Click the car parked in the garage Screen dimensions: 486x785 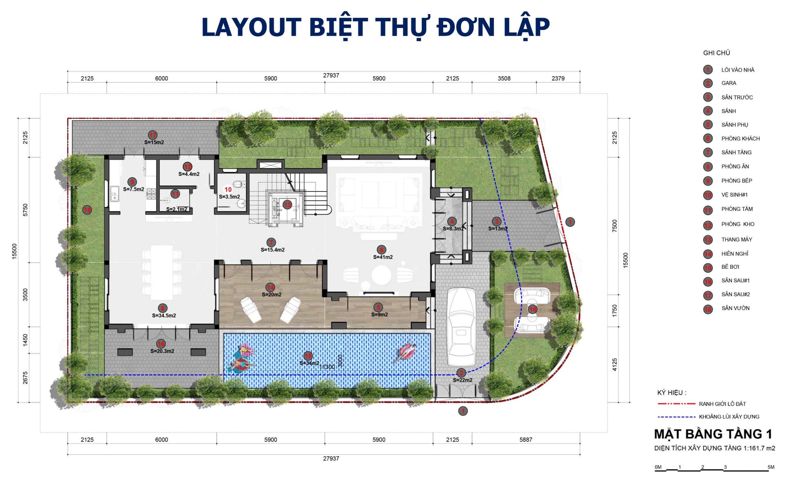(x=461, y=326)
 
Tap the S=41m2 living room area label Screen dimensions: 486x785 (x=383, y=257)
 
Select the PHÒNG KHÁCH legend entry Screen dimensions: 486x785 (x=740, y=139)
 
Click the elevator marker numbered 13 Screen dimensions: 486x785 (x=287, y=204)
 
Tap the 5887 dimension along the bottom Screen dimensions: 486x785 (x=526, y=439)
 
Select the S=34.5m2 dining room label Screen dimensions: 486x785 (x=164, y=315)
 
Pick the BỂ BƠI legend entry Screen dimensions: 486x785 (x=730, y=267)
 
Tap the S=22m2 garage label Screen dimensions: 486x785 (x=462, y=380)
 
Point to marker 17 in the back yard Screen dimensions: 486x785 (x=152, y=135)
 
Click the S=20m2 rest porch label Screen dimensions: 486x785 (x=271, y=294)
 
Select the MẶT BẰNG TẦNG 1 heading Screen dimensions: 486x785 (x=713, y=434)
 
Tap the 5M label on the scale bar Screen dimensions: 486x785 (x=771, y=467)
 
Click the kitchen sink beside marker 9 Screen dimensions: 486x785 (x=114, y=194)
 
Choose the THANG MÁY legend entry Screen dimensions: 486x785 (x=737, y=239)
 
